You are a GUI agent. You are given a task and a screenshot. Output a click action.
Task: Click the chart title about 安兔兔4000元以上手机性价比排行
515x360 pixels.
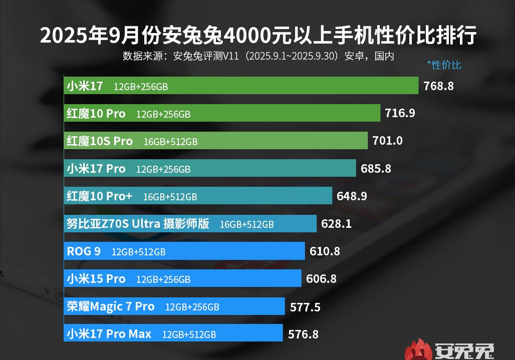click(257, 36)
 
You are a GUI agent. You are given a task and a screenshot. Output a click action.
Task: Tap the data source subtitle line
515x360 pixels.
click(258, 56)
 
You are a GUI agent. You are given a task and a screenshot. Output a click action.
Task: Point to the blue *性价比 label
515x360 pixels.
click(444, 65)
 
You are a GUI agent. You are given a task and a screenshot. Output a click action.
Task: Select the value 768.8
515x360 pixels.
click(438, 86)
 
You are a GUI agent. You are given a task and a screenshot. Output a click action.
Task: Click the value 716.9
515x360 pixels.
click(400, 113)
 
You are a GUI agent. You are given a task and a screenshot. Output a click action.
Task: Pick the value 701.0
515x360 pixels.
click(387, 141)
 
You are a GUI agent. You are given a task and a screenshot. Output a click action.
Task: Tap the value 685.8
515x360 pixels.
click(376, 168)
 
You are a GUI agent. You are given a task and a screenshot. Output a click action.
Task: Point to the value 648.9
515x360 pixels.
click(352, 196)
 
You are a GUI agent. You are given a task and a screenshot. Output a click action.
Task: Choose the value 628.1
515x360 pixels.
click(336, 223)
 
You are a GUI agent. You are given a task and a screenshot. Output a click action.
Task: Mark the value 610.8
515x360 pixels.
click(325, 251)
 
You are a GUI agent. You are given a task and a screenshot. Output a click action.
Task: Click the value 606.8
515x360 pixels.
click(321, 278)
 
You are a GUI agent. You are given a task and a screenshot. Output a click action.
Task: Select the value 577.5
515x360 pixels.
click(305, 306)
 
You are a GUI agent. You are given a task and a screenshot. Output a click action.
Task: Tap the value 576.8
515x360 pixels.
click(303, 333)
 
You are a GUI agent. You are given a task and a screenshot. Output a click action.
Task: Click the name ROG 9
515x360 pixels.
click(84, 251)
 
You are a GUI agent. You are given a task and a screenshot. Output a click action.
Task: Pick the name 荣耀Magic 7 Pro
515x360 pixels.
click(111, 306)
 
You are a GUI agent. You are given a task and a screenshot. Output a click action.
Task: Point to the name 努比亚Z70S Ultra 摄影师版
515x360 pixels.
click(138, 223)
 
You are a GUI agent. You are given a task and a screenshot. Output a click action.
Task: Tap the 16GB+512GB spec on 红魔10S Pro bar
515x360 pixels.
click(170, 142)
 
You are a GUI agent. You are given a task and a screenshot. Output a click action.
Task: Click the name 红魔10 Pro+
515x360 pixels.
click(100, 196)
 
